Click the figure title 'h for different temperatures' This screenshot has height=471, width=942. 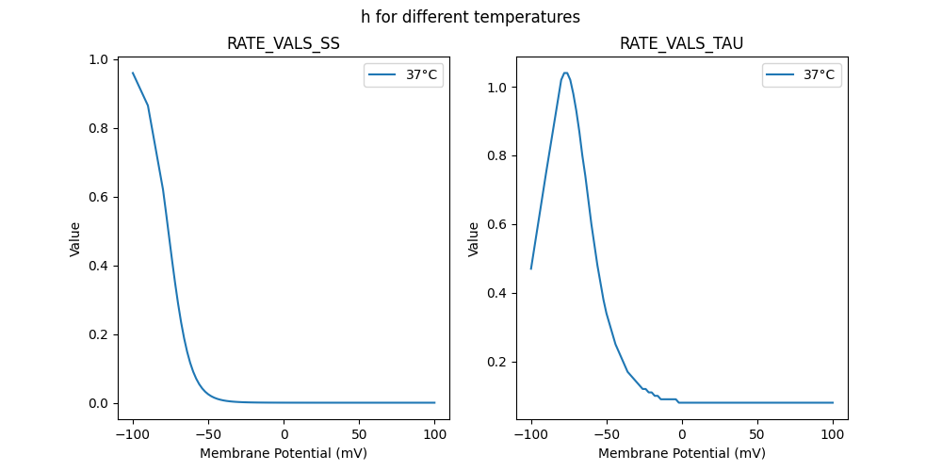click(470, 17)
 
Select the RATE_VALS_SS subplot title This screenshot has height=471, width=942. click(284, 44)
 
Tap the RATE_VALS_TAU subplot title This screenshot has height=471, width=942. click(681, 44)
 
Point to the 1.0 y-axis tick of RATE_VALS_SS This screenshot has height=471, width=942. click(99, 59)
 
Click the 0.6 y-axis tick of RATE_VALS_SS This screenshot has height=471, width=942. click(99, 197)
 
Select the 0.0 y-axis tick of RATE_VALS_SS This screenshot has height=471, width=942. click(99, 403)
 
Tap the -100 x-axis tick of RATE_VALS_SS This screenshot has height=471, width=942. click(133, 434)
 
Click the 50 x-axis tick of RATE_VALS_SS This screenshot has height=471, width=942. click(359, 434)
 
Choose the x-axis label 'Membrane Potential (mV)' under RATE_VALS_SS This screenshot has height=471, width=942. click(284, 453)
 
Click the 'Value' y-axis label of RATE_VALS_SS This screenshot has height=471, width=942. click(75, 239)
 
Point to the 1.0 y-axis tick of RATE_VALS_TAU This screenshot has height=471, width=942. click(497, 88)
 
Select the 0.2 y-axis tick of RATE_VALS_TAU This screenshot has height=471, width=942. click(497, 362)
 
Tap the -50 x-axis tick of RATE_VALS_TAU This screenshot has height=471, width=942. click(607, 434)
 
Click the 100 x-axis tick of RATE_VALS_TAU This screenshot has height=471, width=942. click(833, 434)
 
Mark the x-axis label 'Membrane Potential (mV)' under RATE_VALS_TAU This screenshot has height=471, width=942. click(681, 453)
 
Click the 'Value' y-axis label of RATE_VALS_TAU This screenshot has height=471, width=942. click(474, 239)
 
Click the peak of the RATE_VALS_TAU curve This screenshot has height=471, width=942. click(565, 73)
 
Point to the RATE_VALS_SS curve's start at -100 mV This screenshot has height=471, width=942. click(133, 73)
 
